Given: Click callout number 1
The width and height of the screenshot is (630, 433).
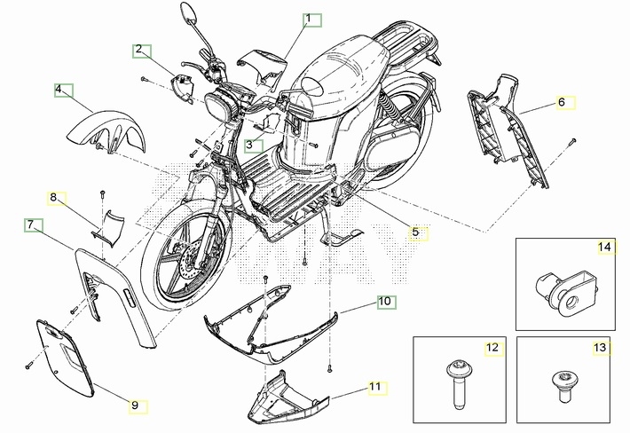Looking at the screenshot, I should [x=309, y=19].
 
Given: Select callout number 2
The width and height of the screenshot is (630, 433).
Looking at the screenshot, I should [x=139, y=50].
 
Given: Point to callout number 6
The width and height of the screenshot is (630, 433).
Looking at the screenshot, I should [x=561, y=102].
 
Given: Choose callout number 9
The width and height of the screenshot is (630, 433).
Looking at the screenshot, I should [x=135, y=405].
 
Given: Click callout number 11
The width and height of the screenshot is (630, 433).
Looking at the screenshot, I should [x=375, y=387].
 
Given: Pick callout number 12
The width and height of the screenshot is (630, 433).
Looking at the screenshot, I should [x=491, y=347].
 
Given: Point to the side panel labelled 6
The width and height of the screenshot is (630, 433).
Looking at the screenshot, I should [x=509, y=133].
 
